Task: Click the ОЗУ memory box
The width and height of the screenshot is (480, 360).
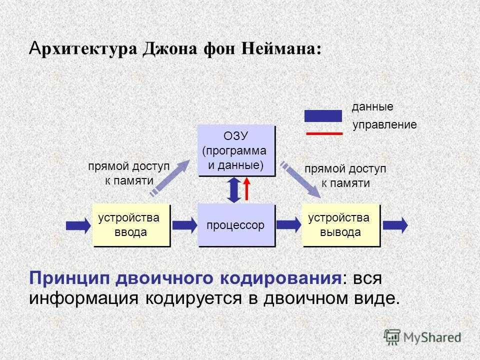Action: tap(236, 150)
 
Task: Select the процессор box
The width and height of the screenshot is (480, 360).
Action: tap(236, 225)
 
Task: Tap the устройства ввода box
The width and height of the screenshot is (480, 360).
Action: tap(131, 225)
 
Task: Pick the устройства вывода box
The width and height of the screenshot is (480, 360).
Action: tap(341, 225)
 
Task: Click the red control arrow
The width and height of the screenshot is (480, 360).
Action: tap(246, 189)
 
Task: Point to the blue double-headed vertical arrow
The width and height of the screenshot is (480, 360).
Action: tap(234, 190)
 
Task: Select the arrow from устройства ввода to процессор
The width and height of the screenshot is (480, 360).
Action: tap(184, 225)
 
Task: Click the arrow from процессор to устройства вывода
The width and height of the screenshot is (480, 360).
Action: tap(288, 225)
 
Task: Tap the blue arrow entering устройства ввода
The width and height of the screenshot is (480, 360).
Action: tap(78, 225)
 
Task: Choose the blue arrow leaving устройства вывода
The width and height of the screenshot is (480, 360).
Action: tap(395, 225)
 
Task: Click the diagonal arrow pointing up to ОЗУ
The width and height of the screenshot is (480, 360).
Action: tap(170, 177)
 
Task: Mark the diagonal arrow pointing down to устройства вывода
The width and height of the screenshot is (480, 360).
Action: tap(301, 179)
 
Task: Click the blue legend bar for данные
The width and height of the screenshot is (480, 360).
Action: tap(323, 116)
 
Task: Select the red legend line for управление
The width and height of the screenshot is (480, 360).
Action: tap(324, 133)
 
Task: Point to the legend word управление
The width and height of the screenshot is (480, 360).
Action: tap(384, 124)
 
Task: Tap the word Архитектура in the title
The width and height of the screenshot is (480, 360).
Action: tap(82, 49)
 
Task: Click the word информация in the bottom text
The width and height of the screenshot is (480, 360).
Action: tap(83, 298)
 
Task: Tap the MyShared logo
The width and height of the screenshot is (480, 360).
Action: tap(422, 337)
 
